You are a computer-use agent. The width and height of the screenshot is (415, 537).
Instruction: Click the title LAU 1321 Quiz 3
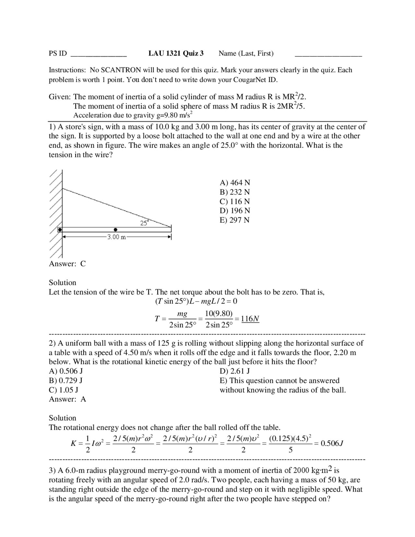176,54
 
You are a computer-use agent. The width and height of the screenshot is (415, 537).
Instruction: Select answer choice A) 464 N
235,183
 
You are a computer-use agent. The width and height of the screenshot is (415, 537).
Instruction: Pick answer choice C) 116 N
235,201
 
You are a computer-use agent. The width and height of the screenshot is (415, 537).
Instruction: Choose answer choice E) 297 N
235,220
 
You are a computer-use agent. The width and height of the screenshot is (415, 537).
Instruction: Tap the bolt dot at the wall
60,230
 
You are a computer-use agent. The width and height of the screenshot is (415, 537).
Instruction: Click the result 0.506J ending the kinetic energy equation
332,443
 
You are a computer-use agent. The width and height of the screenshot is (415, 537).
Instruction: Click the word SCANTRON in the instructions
121,70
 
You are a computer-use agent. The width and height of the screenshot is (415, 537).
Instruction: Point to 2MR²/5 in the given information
291,106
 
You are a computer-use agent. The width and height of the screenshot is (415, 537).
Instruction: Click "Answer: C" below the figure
67,264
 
